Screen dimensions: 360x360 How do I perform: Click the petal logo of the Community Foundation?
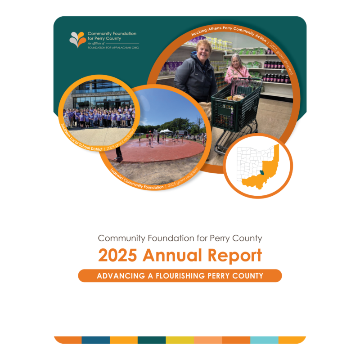[x=78, y=39]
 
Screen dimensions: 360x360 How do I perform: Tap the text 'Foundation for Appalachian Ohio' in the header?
[x=113, y=48]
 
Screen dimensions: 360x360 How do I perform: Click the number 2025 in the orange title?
[x=117, y=255]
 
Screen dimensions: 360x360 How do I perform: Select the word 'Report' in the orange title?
[x=234, y=256]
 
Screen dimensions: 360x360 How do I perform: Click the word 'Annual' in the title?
[x=172, y=255]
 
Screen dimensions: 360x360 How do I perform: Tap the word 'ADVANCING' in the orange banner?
[x=121, y=276]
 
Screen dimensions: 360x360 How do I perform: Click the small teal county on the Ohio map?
[x=262, y=172]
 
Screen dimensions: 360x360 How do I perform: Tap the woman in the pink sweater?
[x=237, y=69]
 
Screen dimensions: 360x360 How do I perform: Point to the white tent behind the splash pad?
[x=166, y=131]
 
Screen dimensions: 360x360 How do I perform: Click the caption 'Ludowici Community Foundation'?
[x=137, y=180]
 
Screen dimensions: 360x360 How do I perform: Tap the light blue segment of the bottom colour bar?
[x=264, y=340]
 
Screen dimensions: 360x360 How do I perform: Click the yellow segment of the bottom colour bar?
[x=180, y=340]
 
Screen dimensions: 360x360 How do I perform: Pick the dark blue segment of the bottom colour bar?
[x=96, y=340]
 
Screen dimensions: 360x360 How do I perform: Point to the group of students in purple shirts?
[x=99, y=117]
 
